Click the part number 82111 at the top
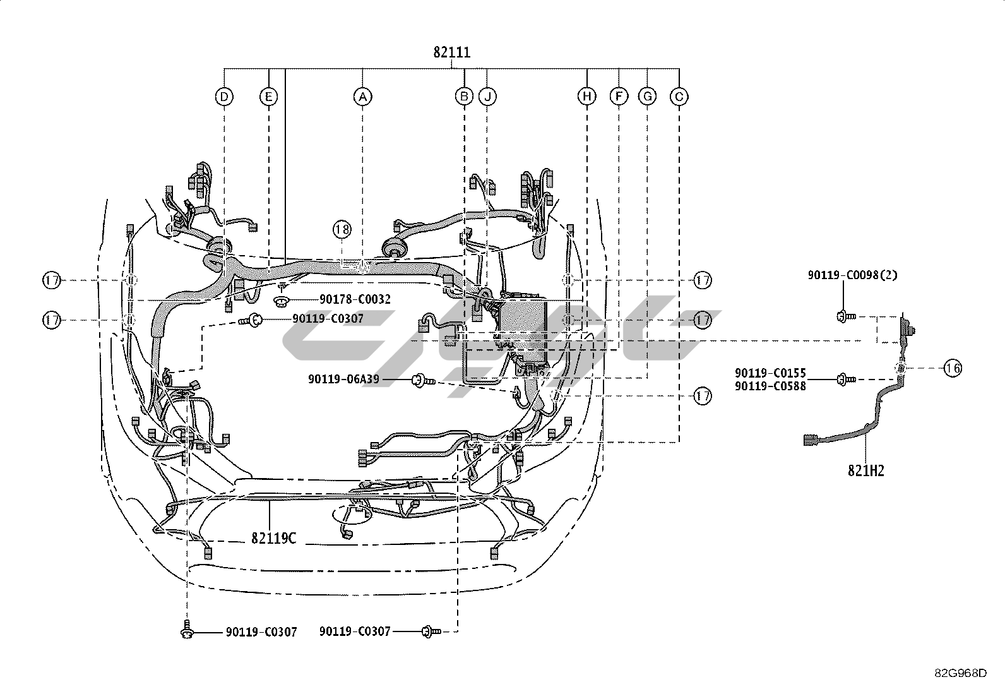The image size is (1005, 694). coord(452,52)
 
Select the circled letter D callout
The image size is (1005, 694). coord(224,97)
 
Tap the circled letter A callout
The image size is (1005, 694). coord(362,97)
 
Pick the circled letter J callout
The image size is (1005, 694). coord(487,97)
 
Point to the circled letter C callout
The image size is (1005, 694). coord(679,97)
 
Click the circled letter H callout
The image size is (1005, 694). coord(587,97)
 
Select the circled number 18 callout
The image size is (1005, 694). coord(342,229)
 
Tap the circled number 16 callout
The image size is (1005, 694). coord(953,369)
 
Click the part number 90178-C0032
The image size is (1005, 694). coord(355,299)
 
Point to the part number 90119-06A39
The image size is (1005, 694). coord(343,380)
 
